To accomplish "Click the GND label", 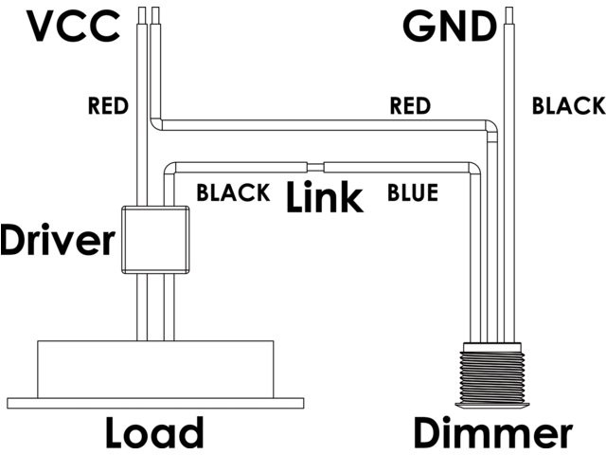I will (x=450, y=27).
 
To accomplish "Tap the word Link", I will (x=324, y=198).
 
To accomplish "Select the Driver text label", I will (x=57, y=241).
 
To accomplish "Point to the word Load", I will (x=154, y=432).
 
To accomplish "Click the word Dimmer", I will (x=492, y=432).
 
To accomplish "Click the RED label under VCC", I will (x=107, y=105).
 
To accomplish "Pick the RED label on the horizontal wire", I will (x=410, y=105).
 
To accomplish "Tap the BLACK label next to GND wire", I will (x=567, y=105).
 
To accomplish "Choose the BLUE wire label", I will (x=413, y=194).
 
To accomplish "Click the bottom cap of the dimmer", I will (x=491, y=409).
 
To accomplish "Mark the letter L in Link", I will (x=297, y=198).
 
